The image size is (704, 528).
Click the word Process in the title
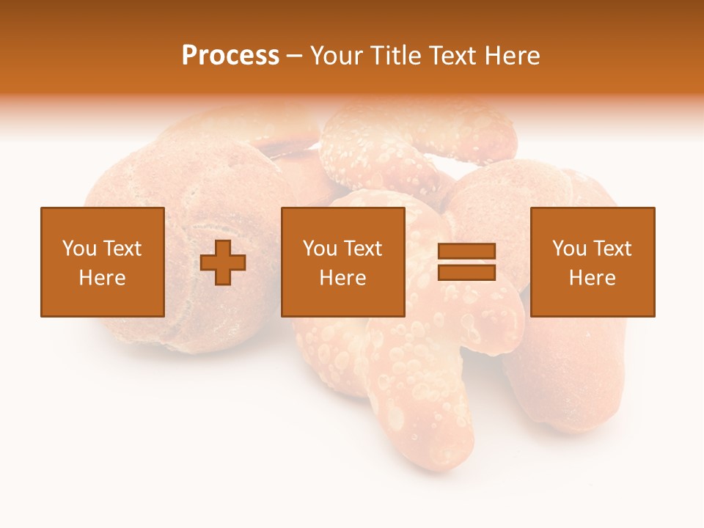tap(230, 56)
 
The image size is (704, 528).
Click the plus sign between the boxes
tap(223, 262)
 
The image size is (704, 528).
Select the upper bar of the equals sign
tap(466, 252)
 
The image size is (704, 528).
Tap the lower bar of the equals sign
tap(466, 272)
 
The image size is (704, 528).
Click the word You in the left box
tap(79, 249)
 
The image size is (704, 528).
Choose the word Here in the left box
tap(102, 278)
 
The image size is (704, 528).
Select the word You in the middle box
tap(320, 249)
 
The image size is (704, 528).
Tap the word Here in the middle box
tap(342, 278)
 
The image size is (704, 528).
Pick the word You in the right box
tap(569, 249)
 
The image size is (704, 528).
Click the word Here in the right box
tap(592, 278)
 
